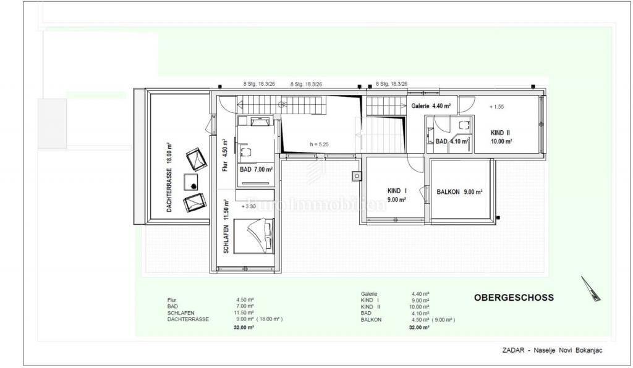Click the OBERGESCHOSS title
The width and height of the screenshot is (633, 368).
click(514, 298)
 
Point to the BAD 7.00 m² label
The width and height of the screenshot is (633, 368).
click(256, 169)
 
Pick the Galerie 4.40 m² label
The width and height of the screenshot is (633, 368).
click(431, 106)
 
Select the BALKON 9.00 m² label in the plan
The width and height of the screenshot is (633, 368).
click(459, 191)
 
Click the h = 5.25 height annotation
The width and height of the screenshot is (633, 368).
click(320, 144)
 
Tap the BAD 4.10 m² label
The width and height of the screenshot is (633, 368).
click(452, 141)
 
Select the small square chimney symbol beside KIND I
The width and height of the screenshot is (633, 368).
click(357, 176)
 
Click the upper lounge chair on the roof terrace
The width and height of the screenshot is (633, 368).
click(196, 159)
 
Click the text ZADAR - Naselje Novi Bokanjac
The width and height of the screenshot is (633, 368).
click(552, 351)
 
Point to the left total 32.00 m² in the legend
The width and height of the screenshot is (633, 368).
click(245, 327)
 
